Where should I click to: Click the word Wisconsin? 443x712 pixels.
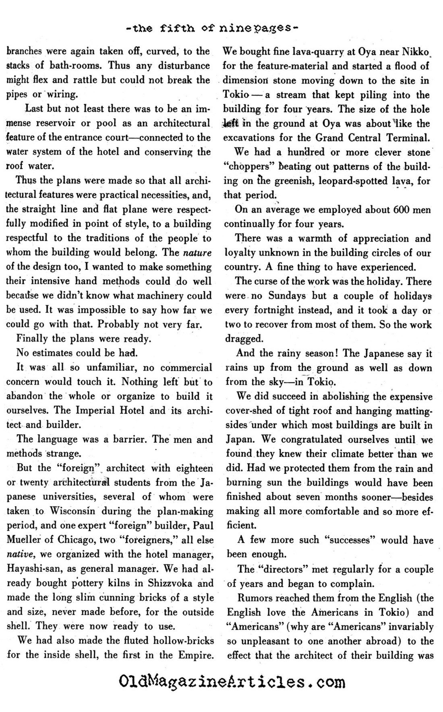point(73,511)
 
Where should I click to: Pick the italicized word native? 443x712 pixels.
point(17,554)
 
